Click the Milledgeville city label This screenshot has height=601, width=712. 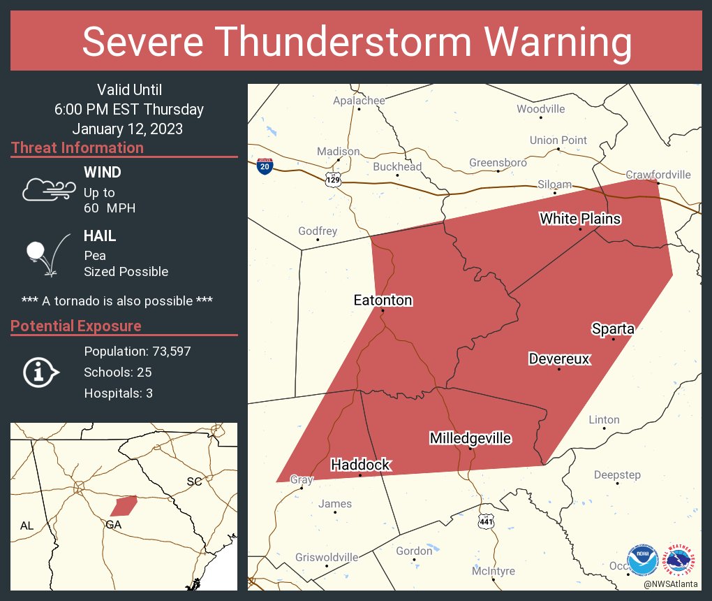coord(470,439)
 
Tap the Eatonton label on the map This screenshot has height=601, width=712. coord(383,300)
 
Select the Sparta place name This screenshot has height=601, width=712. coord(613,328)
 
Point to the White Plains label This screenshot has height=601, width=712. coord(580,219)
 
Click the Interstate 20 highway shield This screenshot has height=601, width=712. coord(265,166)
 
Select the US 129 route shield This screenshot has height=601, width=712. coord(333,180)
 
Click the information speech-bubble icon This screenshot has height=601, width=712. coord(40,372)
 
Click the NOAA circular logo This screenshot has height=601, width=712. coord(642,560)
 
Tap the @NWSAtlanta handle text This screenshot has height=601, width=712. coord(672,584)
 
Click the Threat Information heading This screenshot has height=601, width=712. coord(77,147)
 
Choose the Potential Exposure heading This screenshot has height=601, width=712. coord(76,326)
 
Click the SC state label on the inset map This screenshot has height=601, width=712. coord(193,481)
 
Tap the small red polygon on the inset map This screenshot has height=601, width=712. coord(124,505)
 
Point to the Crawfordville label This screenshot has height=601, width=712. coord(658,175)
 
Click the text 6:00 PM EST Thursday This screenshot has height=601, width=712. coord(129,109)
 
